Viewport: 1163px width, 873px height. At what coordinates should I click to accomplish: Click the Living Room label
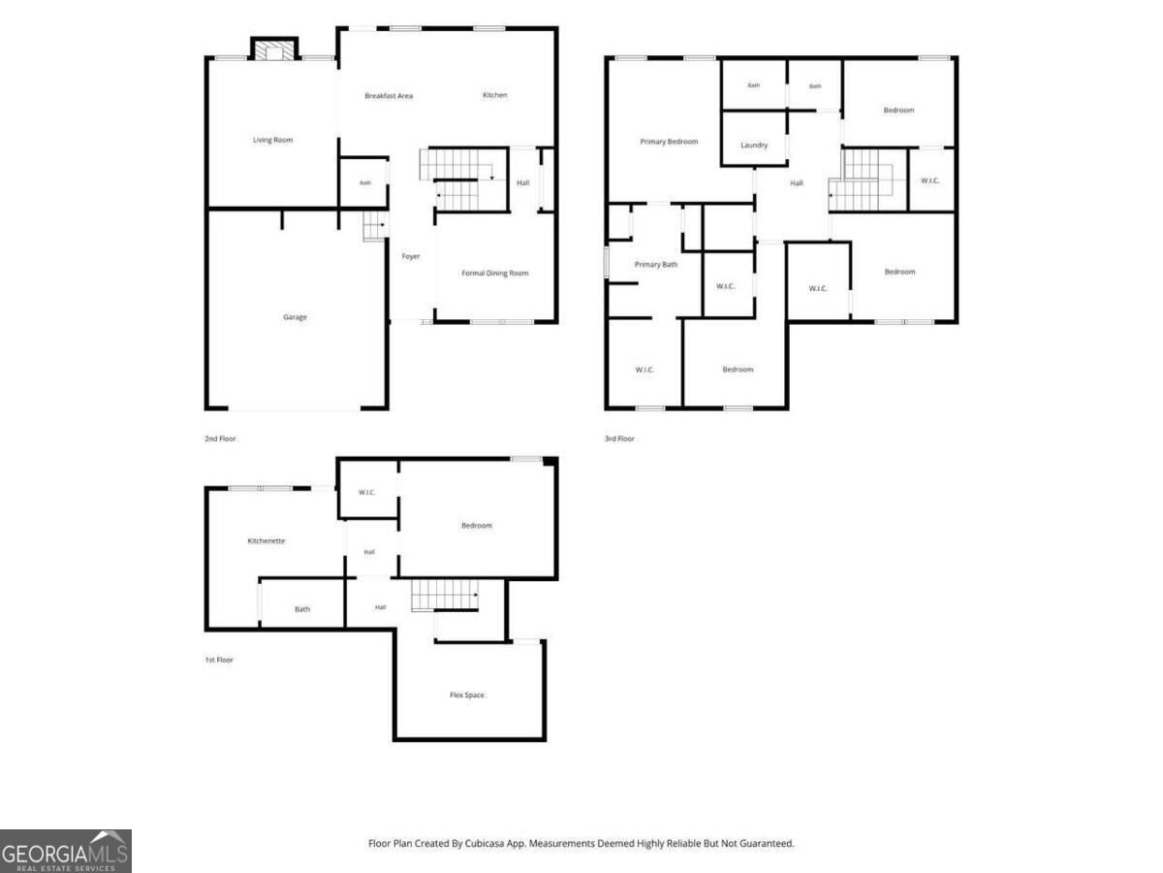point(272,140)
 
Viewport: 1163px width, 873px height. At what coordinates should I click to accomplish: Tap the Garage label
point(295,317)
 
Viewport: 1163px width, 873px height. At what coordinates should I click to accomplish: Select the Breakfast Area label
point(389,96)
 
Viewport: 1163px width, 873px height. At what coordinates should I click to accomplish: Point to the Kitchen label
point(494,95)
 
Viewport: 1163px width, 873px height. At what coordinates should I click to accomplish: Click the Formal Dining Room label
point(494,273)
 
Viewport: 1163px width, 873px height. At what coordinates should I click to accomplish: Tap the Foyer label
point(410,256)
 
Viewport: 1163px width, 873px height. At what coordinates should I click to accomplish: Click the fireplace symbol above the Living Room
point(274,49)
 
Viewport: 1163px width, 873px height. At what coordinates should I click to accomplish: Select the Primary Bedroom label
point(669,142)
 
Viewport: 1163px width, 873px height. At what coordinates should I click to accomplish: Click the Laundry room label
point(753,145)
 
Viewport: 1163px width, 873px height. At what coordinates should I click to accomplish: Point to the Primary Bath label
point(655,265)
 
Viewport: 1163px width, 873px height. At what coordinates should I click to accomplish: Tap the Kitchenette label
point(266,540)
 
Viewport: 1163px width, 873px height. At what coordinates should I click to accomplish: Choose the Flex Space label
point(467,695)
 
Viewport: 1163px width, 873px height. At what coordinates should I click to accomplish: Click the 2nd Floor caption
point(220,438)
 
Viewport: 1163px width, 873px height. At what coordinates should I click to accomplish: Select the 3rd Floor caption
point(619,438)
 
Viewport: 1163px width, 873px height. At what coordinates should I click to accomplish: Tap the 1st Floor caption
point(219,660)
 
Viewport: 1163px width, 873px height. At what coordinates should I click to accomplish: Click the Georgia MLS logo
point(66,851)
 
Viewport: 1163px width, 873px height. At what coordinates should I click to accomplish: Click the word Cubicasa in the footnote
point(484,843)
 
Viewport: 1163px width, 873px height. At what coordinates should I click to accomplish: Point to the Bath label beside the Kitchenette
point(302,609)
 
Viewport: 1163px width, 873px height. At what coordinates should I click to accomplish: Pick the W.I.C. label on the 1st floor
point(366,493)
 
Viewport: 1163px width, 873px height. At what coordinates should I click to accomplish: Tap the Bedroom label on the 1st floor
point(476,526)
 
